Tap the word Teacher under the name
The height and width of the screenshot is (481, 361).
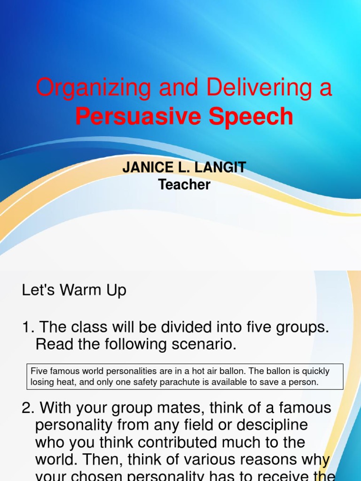[x=184, y=185]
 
